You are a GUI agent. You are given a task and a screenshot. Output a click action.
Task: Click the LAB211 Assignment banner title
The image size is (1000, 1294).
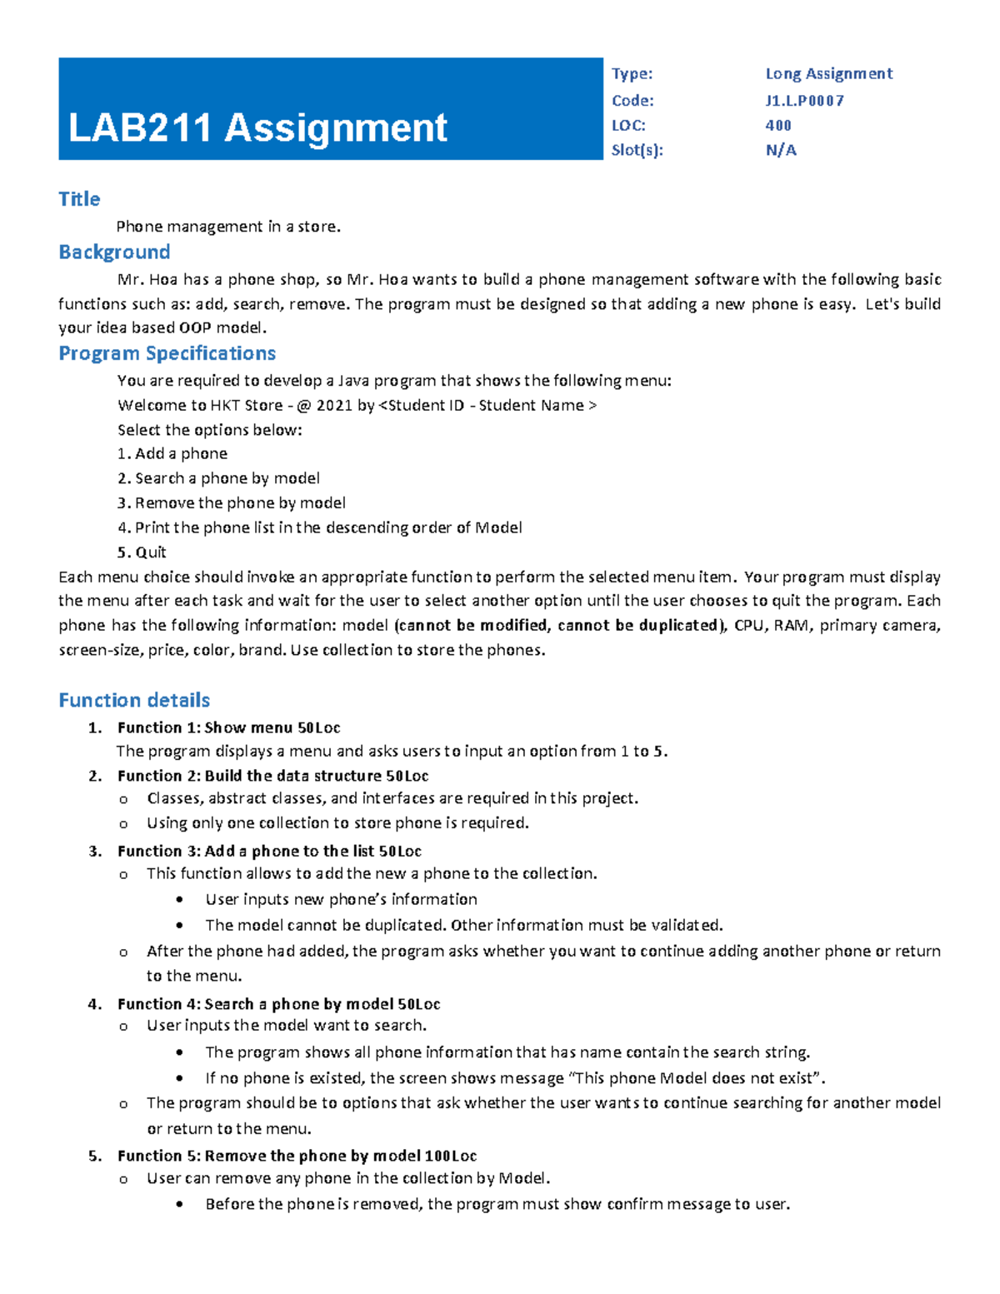coord(257,128)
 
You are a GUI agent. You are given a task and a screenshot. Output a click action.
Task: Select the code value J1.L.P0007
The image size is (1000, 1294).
coord(804,101)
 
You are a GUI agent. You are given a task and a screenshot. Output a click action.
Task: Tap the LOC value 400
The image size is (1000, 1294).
coord(778,126)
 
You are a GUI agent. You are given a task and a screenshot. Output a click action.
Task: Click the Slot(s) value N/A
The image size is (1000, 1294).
coord(781,151)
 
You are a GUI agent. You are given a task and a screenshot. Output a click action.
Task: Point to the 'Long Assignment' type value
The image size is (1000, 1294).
coord(828,74)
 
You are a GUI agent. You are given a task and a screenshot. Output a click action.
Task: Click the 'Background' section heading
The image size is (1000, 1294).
coord(114,252)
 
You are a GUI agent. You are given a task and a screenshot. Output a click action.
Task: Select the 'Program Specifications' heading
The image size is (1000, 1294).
coord(167,353)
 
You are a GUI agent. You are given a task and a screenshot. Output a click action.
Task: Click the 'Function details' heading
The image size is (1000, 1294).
coord(134,700)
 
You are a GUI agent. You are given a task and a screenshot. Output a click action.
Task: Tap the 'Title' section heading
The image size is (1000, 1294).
coord(79,199)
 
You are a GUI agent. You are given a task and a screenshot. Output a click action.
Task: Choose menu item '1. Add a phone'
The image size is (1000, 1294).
coord(172,454)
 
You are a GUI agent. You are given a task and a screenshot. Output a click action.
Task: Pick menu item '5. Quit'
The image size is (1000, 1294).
coord(142,552)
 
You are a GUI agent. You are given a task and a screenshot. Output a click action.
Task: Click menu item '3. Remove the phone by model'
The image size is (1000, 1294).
coord(231,503)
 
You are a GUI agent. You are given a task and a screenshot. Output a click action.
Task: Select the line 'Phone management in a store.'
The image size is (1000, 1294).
coord(228,227)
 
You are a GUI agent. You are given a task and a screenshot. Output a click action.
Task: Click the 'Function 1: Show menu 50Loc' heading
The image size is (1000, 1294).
coord(228,727)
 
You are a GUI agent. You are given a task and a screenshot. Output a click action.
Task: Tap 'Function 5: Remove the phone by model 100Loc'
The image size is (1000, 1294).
coord(297,1156)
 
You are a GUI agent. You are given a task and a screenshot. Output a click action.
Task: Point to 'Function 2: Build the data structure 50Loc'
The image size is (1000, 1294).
coord(272,776)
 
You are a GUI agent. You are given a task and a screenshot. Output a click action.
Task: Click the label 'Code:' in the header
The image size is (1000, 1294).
coord(632,101)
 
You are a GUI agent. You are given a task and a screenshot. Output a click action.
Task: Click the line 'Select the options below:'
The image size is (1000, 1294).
coord(209,430)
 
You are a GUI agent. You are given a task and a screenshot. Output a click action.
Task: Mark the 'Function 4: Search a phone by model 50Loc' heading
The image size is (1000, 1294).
coord(278,1004)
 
